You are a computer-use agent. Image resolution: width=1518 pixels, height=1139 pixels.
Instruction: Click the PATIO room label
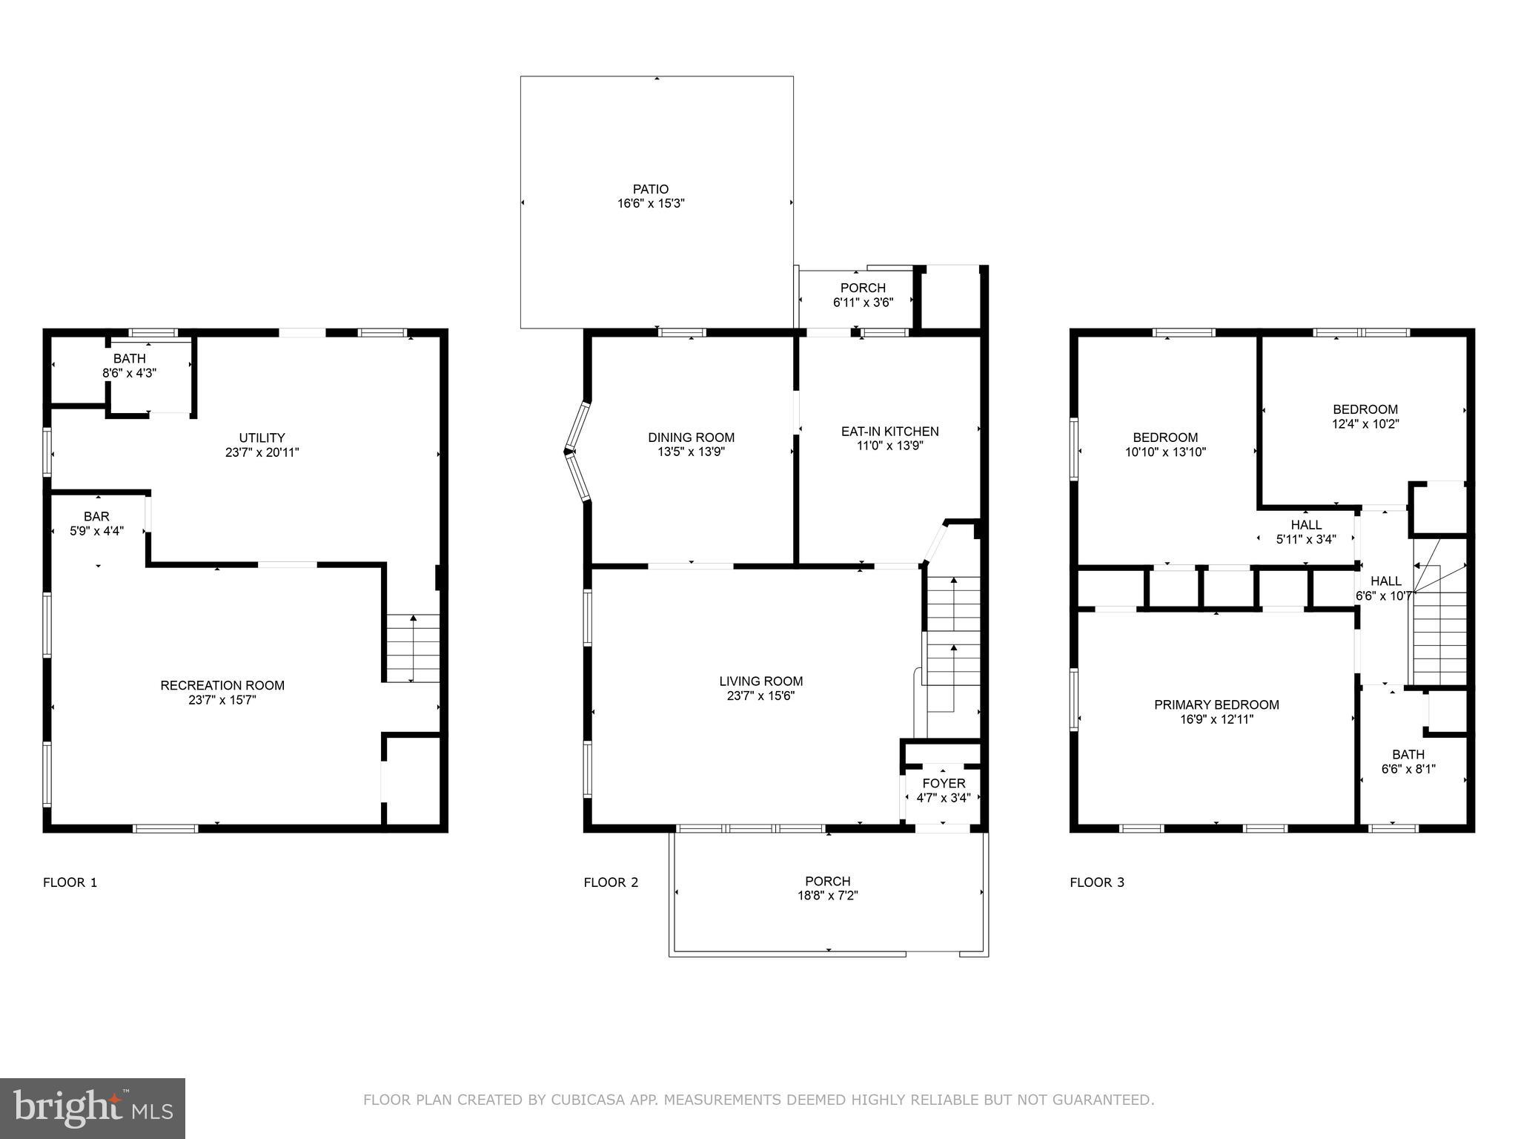coord(650,189)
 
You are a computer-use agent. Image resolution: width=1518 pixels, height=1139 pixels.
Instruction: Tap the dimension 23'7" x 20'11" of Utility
coord(262,452)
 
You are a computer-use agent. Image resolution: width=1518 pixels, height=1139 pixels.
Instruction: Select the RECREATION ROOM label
coord(222,685)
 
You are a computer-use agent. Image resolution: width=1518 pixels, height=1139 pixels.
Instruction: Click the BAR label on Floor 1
coord(96,516)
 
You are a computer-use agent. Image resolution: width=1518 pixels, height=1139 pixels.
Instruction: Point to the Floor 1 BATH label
coord(130,359)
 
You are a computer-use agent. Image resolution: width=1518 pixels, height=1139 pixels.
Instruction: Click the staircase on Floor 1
coord(413,648)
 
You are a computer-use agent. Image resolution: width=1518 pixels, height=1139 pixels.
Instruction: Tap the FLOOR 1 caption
coord(70,882)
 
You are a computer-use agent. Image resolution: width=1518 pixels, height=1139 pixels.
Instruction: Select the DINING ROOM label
coord(691,438)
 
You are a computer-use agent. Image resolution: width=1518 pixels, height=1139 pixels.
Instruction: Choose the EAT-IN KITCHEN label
coord(889,431)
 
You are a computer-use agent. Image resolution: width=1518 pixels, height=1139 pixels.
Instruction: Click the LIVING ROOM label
coord(760,681)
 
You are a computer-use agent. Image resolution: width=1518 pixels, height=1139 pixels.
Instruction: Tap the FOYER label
coord(944,783)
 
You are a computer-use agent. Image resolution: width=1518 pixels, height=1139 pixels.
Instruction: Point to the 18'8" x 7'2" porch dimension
coord(828,896)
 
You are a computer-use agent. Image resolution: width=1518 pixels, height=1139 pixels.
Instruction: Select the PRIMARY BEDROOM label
coord(1216,704)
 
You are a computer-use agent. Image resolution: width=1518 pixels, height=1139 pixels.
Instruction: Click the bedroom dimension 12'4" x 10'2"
coord(1365,424)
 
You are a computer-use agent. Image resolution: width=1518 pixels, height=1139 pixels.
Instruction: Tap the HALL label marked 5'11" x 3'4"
coord(1305,525)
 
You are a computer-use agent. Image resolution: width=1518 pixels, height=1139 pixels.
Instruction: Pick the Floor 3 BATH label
coord(1408,754)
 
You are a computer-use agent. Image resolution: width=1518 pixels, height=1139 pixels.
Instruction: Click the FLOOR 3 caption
coord(1096,882)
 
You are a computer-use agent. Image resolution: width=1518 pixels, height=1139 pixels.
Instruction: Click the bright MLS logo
coord(93,1109)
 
